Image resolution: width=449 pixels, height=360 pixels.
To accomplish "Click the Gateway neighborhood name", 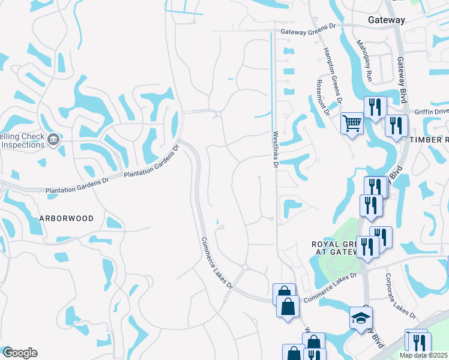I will click(x=387, y=20).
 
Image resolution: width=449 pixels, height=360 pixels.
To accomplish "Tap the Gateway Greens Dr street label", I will click(x=307, y=30).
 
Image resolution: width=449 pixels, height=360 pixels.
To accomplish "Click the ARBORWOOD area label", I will click(x=67, y=218).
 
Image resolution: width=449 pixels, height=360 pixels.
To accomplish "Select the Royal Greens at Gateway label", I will click(x=334, y=248).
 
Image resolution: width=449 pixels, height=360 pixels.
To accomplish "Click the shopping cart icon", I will click(x=352, y=124).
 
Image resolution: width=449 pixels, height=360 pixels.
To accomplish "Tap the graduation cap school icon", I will click(x=361, y=318).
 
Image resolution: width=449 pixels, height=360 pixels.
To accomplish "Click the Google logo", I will click(x=19, y=353).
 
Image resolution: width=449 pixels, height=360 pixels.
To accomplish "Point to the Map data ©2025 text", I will click(x=424, y=355).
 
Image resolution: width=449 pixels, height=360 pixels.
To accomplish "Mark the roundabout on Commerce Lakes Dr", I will click(x=245, y=267).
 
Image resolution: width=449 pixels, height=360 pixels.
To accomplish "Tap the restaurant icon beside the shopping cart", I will click(x=375, y=108).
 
